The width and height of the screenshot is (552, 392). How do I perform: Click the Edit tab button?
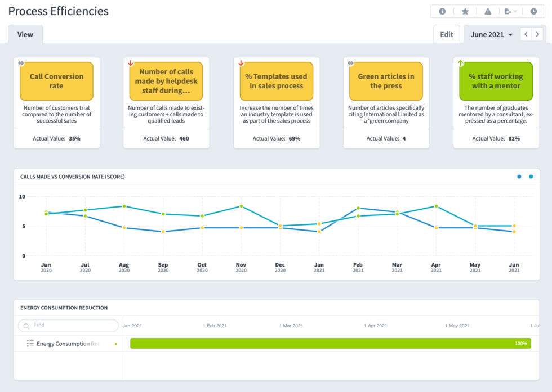point(447,34)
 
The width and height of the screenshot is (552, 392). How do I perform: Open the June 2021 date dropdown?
point(491,34)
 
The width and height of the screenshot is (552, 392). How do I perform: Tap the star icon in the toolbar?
point(465,11)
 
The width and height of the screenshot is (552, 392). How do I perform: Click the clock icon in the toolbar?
point(533,11)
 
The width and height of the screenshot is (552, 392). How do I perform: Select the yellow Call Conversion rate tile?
point(56,81)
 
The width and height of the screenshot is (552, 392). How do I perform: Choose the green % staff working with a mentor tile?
point(496,81)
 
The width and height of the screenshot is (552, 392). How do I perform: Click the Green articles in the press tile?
point(386,81)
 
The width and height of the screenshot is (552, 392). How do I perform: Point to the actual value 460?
point(184,138)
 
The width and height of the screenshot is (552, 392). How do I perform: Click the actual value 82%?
point(513,138)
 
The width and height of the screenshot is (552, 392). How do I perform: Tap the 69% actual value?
point(293,138)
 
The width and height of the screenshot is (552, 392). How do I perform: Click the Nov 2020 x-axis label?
point(241,267)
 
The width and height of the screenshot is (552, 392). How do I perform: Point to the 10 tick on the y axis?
point(22,197)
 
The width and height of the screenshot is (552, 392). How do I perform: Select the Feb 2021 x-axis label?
point(358,267)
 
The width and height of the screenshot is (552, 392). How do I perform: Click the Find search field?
point(69,326)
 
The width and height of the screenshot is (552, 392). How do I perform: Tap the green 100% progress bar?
point(330,343)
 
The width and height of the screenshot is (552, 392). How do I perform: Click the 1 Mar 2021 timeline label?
point(292,326)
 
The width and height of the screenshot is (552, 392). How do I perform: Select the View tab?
point(25,34)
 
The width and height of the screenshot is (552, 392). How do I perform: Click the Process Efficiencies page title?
point(59,11)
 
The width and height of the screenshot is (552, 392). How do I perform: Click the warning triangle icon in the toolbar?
point(488,11)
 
